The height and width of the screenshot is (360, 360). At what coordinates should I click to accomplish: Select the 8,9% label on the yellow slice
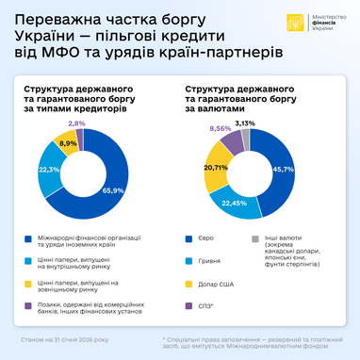pos(68,144)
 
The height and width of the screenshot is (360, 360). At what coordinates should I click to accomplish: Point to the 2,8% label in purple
pos(77,123)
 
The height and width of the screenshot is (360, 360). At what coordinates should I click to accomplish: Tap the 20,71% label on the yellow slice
pos(216,167)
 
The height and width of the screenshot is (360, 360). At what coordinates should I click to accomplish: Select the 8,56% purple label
pos(221,128)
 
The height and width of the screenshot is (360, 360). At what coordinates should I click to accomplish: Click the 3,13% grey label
pos(245,123)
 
